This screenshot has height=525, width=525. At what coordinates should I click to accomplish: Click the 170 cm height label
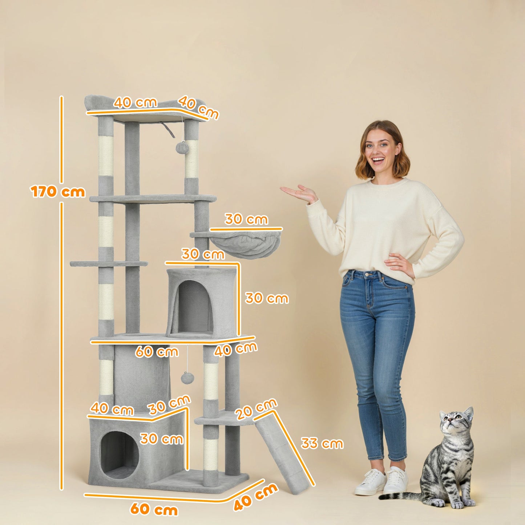[x=58, y=191]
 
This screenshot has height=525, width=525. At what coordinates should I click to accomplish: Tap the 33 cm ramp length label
[x=322, y=443]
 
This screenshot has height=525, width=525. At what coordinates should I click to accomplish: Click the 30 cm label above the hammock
[x=246, y=219]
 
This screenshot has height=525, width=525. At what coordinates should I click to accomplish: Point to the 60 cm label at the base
[x=154, y=509]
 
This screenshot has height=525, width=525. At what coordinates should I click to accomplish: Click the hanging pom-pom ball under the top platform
[x=181, y=148]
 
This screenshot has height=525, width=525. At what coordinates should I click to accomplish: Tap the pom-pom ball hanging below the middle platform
[x=187, y=378]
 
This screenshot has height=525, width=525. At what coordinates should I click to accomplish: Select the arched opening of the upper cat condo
[x=194, y=307]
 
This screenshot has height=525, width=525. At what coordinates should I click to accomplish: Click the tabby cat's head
[x=455, y=422]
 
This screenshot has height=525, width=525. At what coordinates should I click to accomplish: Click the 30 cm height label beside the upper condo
[x=267, y=298]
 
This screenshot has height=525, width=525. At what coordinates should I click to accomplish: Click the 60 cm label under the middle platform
[x=157, y=352]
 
